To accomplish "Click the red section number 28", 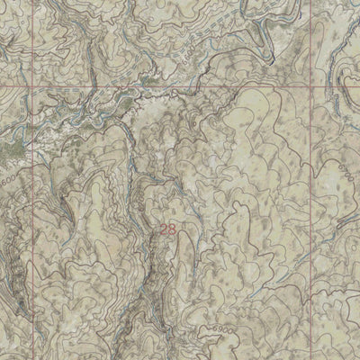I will (168, 230).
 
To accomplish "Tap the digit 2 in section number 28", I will (165, 230).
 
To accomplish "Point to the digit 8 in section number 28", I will (172, 230).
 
